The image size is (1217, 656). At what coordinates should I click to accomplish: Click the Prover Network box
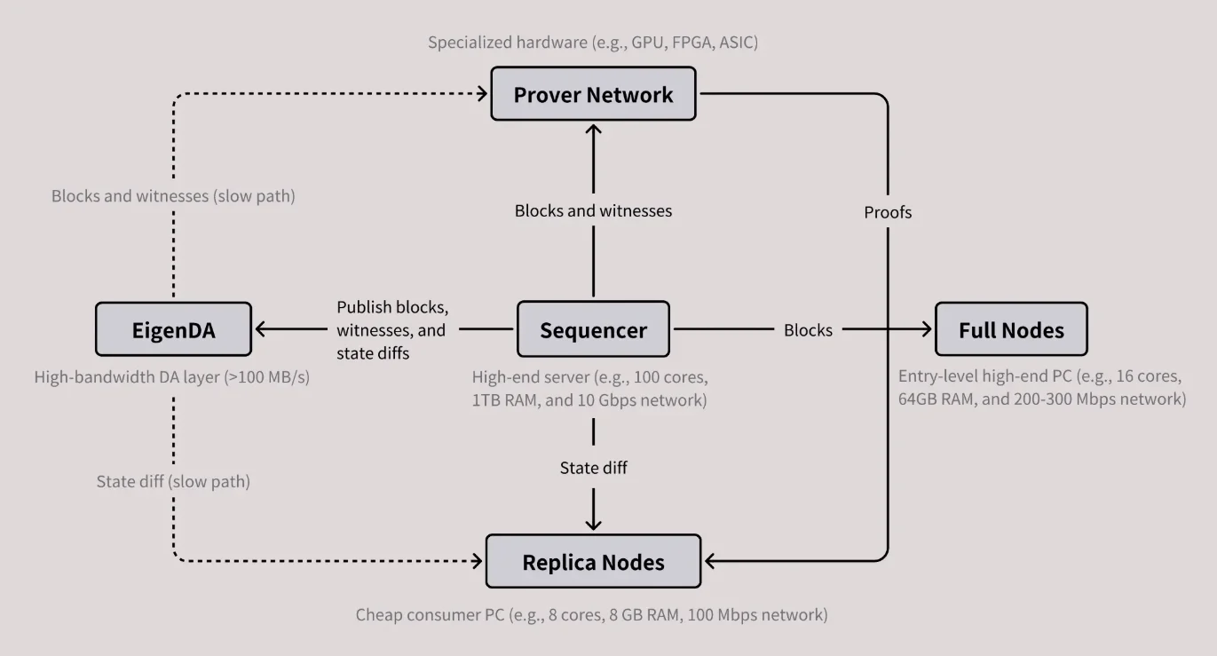593,95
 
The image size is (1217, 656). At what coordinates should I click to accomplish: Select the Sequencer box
593,330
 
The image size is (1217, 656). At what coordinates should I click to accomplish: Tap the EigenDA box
173,330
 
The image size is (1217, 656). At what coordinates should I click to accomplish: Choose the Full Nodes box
1011,330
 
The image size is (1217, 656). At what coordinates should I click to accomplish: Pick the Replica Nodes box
593,562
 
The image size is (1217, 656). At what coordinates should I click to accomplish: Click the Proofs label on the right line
888,212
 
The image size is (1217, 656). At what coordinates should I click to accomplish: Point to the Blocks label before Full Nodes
808,330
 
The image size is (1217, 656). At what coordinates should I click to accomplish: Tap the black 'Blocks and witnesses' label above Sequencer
593,210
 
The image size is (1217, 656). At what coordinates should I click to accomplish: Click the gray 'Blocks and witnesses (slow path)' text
173,196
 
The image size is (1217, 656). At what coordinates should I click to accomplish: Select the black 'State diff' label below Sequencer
593,467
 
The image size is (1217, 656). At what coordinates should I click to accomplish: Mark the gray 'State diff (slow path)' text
173,481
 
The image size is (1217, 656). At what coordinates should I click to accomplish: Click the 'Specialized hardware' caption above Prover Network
593,42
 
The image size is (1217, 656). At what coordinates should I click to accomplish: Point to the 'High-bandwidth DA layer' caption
173,377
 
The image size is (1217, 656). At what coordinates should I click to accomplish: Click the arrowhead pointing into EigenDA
262,329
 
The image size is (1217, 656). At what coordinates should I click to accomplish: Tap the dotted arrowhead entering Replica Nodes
477,561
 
